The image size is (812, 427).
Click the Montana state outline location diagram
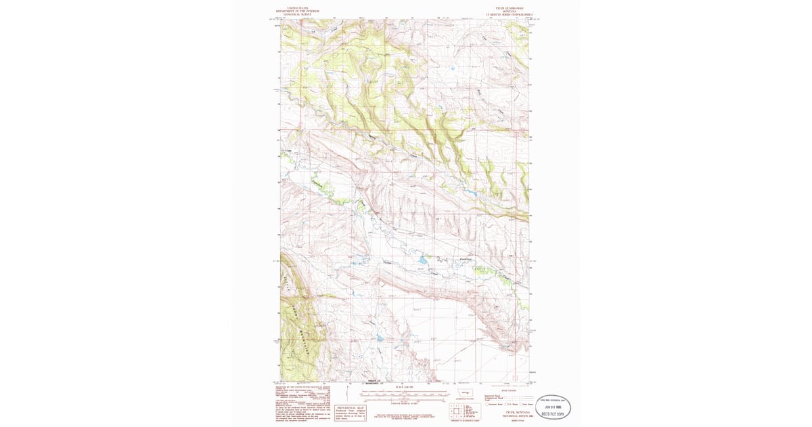click(466, 393)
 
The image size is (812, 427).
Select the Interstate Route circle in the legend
click(487, 404)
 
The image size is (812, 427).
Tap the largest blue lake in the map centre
click(422, 260)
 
